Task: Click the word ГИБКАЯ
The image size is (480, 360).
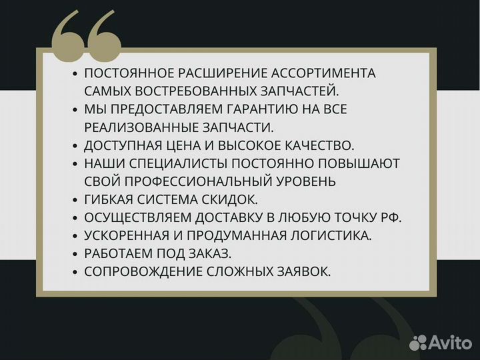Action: tap(107, 199)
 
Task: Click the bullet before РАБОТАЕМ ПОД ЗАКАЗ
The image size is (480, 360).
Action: tap(75, 253)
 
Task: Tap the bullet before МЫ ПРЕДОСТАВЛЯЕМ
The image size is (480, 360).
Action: tap(75, 109)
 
